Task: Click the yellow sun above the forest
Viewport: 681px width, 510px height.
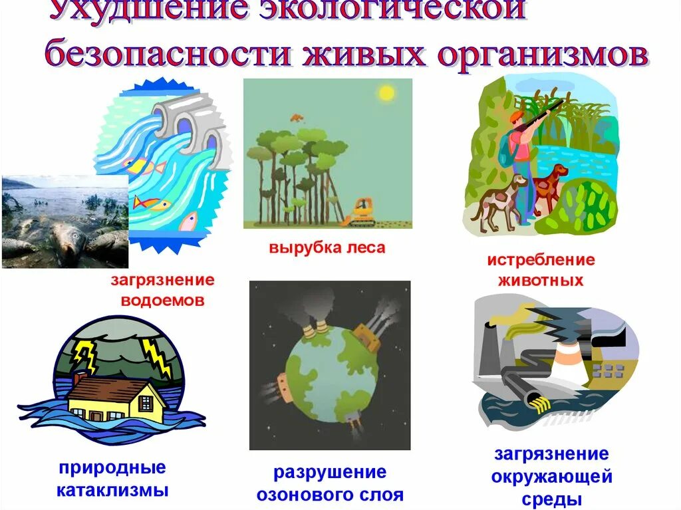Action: [x=386, y=93]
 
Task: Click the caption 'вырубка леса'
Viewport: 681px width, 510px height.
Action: [x=327, y=248]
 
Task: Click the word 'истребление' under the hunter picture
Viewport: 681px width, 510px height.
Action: [x=541, y=259]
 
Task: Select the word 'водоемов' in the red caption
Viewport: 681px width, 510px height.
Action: [x=162, y=300]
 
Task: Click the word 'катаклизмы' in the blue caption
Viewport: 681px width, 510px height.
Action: [x=112, y=491]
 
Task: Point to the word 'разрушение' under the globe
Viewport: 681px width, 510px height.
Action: [x=330, y=472]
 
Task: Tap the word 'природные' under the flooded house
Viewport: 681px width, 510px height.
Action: [x=112, y=468]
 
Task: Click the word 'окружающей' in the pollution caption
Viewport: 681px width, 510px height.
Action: [x=551, y=476]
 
